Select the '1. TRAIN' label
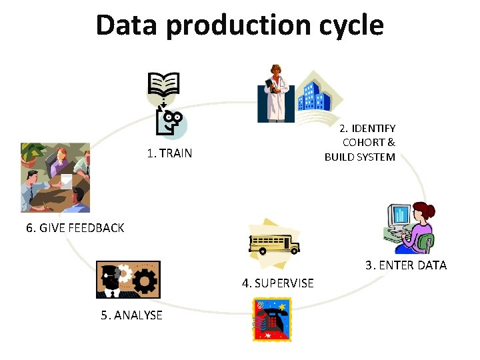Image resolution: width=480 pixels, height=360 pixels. click(169, 153)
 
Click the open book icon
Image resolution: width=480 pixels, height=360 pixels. click(163, 84)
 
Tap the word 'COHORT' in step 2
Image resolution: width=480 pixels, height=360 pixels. click(365, 142)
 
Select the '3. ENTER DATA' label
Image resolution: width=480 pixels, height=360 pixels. click(405, 265)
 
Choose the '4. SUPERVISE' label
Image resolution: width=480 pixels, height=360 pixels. click(277, 283)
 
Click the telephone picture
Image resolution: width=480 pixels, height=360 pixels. click(271, 319)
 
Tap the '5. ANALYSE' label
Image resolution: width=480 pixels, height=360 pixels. click(131, 315)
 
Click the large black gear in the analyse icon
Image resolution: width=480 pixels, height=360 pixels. click(145, 282)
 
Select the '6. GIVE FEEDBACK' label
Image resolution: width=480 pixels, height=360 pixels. click(75, 228)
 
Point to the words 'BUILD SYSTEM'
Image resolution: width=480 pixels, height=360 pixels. click(360, 157)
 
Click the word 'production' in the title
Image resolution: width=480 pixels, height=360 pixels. click(239, 25)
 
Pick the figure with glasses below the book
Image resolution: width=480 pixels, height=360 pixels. click(171, 121)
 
